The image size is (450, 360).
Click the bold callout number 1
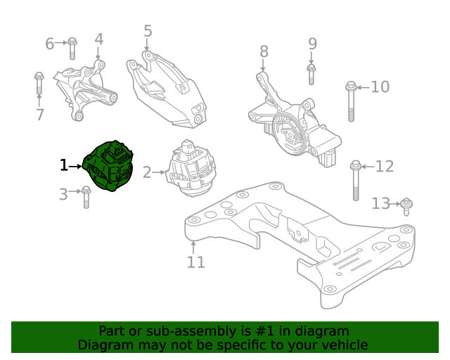pos(64,165)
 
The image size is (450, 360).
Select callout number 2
pos(147,172)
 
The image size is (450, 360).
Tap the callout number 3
pos(63,194)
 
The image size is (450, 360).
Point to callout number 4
pos(99,39)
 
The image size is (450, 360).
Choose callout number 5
pos(148,31)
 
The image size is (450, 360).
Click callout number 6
pos(50,44)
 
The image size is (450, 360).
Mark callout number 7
pos(39,115)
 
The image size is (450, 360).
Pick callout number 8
pos(264,51)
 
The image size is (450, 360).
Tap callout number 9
pos(312,44)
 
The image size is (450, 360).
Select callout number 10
pos(380,87)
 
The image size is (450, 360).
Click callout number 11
pos(195,262)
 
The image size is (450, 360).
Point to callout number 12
pos(385,167)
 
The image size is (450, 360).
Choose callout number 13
pos(380,203)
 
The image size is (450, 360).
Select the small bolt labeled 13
pos(407,207)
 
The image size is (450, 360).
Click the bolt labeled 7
pos(39,85)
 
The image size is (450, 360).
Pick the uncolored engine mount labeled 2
pos(190,169)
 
